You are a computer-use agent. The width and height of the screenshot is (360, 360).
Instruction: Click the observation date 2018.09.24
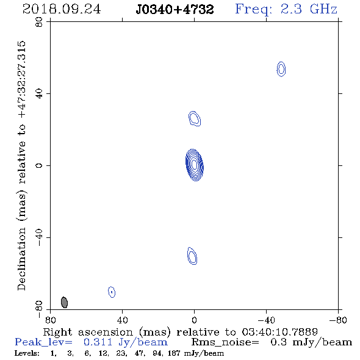(62, 9)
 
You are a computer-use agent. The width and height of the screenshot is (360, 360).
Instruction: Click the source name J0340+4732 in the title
(175, 10)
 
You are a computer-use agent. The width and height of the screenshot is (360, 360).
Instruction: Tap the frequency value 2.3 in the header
(290, 9)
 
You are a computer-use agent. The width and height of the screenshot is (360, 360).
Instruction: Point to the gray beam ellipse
(64, 303)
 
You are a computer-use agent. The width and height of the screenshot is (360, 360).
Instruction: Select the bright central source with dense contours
(195, 165)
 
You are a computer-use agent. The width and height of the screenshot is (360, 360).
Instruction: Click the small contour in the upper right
(281, 69)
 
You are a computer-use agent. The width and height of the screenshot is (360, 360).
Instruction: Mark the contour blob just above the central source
(195, 118)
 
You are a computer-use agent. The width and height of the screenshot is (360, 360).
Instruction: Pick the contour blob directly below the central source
(192, 256)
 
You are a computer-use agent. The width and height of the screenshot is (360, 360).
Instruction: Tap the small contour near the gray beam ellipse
(112, 292)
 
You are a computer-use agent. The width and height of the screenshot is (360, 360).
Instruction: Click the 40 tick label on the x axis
(122, 320)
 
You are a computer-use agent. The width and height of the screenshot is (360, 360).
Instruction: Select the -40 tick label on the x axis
(266, 320)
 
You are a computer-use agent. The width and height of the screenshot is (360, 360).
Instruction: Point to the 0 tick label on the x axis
(194, 320)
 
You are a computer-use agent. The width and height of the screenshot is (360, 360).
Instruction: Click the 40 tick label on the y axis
(39, 94)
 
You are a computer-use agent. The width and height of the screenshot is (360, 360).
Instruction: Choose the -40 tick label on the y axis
(39, 237)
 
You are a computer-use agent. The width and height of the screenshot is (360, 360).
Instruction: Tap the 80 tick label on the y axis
(39, 22)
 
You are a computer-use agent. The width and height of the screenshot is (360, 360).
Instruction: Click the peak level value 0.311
(98, 342)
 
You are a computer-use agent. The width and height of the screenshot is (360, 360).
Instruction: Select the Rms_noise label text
(225, 342)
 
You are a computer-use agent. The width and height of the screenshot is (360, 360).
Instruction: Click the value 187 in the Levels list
(174, 353)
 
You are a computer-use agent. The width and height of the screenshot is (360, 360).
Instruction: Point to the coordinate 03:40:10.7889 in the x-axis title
(280, 332)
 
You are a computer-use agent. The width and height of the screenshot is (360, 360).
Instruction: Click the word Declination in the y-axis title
(21, 259)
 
